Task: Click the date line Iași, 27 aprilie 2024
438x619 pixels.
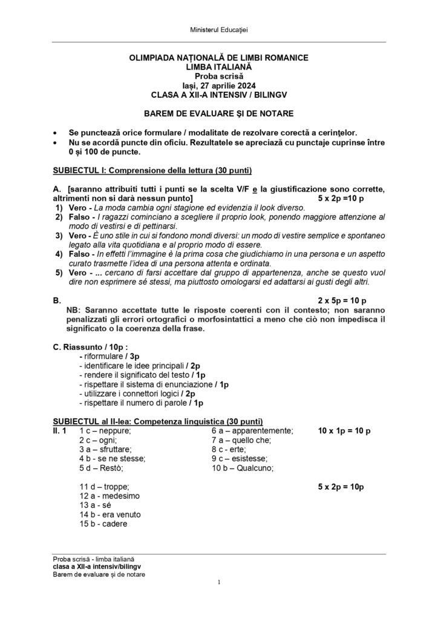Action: point(218,86)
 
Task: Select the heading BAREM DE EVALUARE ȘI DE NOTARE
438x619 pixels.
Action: point(218,113)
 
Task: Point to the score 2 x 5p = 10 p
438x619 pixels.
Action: point(342,300)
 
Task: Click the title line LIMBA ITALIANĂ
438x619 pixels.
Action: point(218,67)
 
